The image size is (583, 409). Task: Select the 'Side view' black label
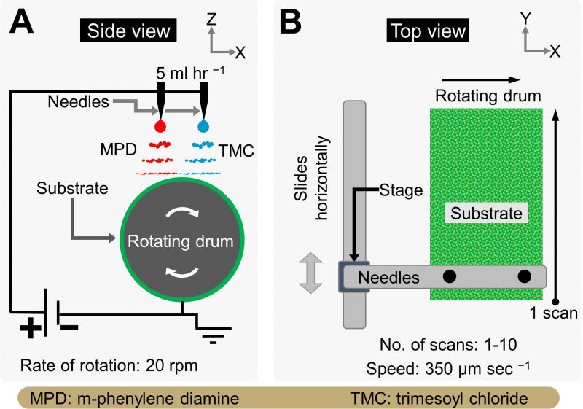(128, 31)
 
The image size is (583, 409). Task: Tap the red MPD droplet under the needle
(159, 125)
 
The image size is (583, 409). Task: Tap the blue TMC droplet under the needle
(203, 125)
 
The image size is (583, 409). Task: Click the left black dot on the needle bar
(450, 276)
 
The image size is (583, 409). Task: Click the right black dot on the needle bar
(524, 276)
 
